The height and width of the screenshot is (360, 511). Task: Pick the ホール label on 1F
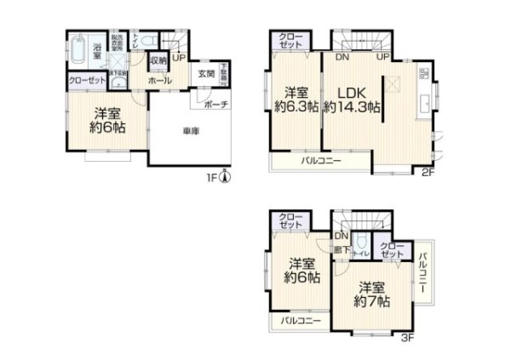160,81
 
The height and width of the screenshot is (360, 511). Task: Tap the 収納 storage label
158,61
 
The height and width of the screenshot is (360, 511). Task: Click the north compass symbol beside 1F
224,177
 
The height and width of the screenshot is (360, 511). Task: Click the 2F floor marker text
428,171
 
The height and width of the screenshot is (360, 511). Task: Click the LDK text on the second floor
349,93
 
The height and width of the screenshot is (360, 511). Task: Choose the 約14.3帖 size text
350,109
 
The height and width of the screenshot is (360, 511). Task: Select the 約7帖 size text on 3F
372,302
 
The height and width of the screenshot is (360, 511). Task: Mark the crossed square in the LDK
395,83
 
